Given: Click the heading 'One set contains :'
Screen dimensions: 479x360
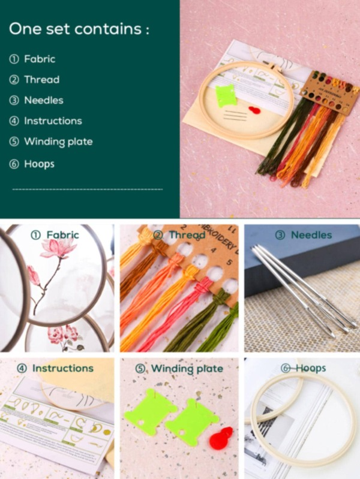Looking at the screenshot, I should (79, 28).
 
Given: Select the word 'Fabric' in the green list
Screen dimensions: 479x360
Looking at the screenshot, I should (40, 59).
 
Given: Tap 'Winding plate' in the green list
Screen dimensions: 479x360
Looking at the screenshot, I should (58, 141).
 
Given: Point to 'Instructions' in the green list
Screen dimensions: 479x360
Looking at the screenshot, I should (53, 120).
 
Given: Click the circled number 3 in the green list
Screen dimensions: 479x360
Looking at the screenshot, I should (14, 100).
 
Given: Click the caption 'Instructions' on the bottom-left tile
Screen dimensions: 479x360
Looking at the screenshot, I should (62, 368).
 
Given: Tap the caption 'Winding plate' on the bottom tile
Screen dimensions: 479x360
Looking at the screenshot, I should (187, 368).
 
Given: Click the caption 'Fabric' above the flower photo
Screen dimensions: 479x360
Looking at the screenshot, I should (62, 235).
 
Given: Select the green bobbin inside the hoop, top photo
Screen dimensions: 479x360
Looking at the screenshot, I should (226, 95).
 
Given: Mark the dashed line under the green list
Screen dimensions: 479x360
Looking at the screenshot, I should (87, 189).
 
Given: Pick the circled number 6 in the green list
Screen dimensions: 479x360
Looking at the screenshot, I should (14, 163).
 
